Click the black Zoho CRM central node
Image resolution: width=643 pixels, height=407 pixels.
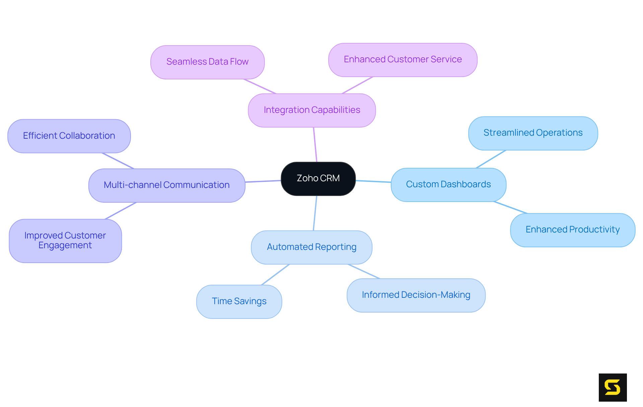[x=318, y=179]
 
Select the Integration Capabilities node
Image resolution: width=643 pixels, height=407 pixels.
[x=312, y=110]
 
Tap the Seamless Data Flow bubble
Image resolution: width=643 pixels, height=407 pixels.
[x=207, y=62]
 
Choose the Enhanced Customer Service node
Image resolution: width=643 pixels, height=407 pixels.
[x=403, y=60]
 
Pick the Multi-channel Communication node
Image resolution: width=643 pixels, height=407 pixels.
[x=167, y=185]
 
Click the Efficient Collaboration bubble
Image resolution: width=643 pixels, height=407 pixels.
[x=69, y=136]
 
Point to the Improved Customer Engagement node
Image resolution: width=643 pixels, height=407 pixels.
[x=65, y=241]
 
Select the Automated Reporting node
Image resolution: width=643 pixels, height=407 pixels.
[x=311, y=247]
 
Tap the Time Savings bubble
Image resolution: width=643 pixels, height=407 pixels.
[x=239, y=301]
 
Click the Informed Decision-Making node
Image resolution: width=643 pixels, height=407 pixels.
[x=416, y=295]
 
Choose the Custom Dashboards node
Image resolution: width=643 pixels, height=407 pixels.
[x=448, y=185]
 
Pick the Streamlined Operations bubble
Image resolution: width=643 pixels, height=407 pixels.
[x=533, y=133]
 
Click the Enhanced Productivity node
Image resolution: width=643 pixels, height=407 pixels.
[x=572, y=230]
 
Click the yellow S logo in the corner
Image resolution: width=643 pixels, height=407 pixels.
[x=613, y=387]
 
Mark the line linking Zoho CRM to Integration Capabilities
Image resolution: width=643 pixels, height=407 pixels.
[x=315, y=145]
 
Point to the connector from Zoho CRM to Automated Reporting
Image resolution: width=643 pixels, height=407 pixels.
[x=315, y=213]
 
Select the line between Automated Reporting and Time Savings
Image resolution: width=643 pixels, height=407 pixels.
[x=275, y=275]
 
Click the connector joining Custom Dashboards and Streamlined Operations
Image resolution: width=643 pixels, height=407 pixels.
[x=491, y=159]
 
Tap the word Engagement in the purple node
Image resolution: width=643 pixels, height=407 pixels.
[x=65, y=246]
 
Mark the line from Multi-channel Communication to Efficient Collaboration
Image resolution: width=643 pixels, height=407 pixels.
[x=118, y=161]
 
